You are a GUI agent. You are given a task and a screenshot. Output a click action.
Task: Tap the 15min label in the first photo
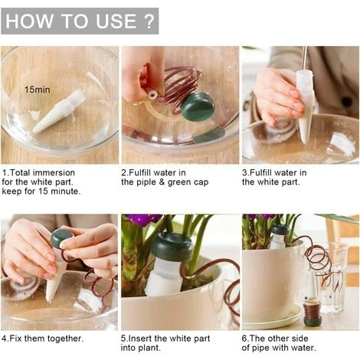click(37, 90)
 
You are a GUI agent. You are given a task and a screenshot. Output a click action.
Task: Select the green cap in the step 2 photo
click(197, 108)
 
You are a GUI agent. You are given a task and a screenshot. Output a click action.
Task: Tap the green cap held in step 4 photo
click(61, 239)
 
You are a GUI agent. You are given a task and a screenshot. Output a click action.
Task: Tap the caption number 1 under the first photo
click(5, 172)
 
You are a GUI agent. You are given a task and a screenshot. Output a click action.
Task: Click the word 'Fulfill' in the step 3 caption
click(266, 172)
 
